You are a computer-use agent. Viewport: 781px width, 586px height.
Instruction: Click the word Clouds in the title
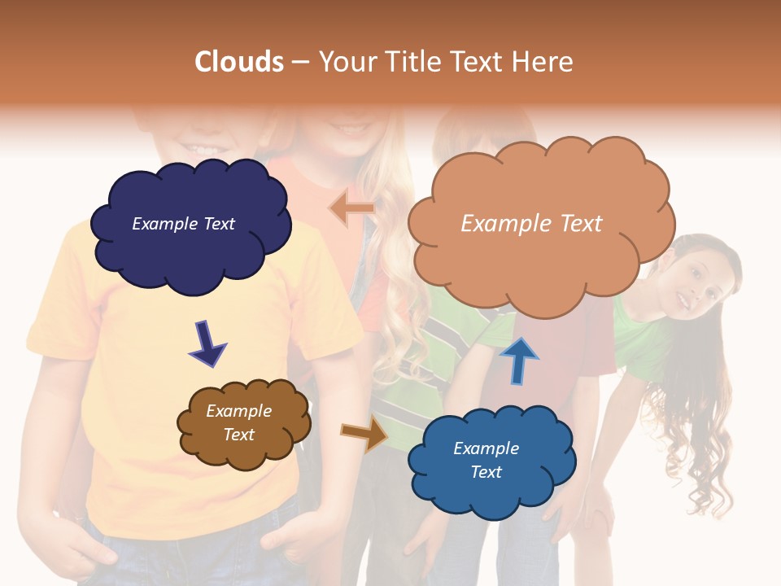point(239,62)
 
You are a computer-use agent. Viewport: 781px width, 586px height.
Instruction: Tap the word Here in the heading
point(546,62)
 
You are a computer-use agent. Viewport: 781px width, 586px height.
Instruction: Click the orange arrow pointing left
point(351,208)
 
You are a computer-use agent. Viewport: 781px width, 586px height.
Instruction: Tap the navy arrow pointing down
point(207,343)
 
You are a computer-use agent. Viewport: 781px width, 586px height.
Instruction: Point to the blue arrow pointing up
point(518,359)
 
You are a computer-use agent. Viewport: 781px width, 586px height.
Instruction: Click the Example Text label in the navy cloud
point(183,224)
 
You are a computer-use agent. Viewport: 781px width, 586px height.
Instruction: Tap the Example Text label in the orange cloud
point(531,223)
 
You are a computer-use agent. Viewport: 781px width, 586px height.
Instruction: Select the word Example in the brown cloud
point(238,411)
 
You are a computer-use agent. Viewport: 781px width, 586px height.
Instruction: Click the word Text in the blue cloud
point(486,472)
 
